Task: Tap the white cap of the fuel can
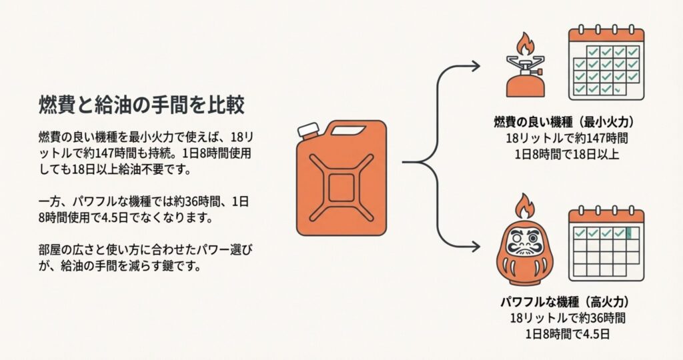(307, 131)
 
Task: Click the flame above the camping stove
(524, 45)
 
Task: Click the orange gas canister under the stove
(523, 84)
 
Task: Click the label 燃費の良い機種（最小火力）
(563, 123)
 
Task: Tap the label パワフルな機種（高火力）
(563, 301)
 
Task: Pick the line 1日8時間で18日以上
(567, 155)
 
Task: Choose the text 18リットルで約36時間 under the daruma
(567, 317)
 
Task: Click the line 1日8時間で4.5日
(567, 334)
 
